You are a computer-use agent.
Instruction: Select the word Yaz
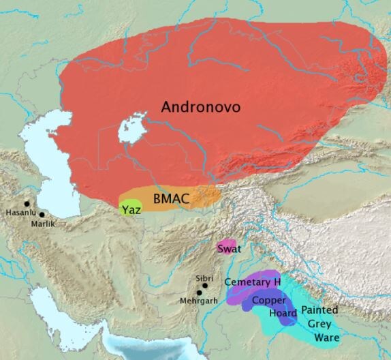coord(132,209)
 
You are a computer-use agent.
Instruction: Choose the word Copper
coord(268,300)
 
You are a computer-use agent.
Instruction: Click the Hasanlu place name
coord(19,212)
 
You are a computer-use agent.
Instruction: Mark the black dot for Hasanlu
coord(27,203)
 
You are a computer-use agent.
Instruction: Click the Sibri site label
coord(204,278)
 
